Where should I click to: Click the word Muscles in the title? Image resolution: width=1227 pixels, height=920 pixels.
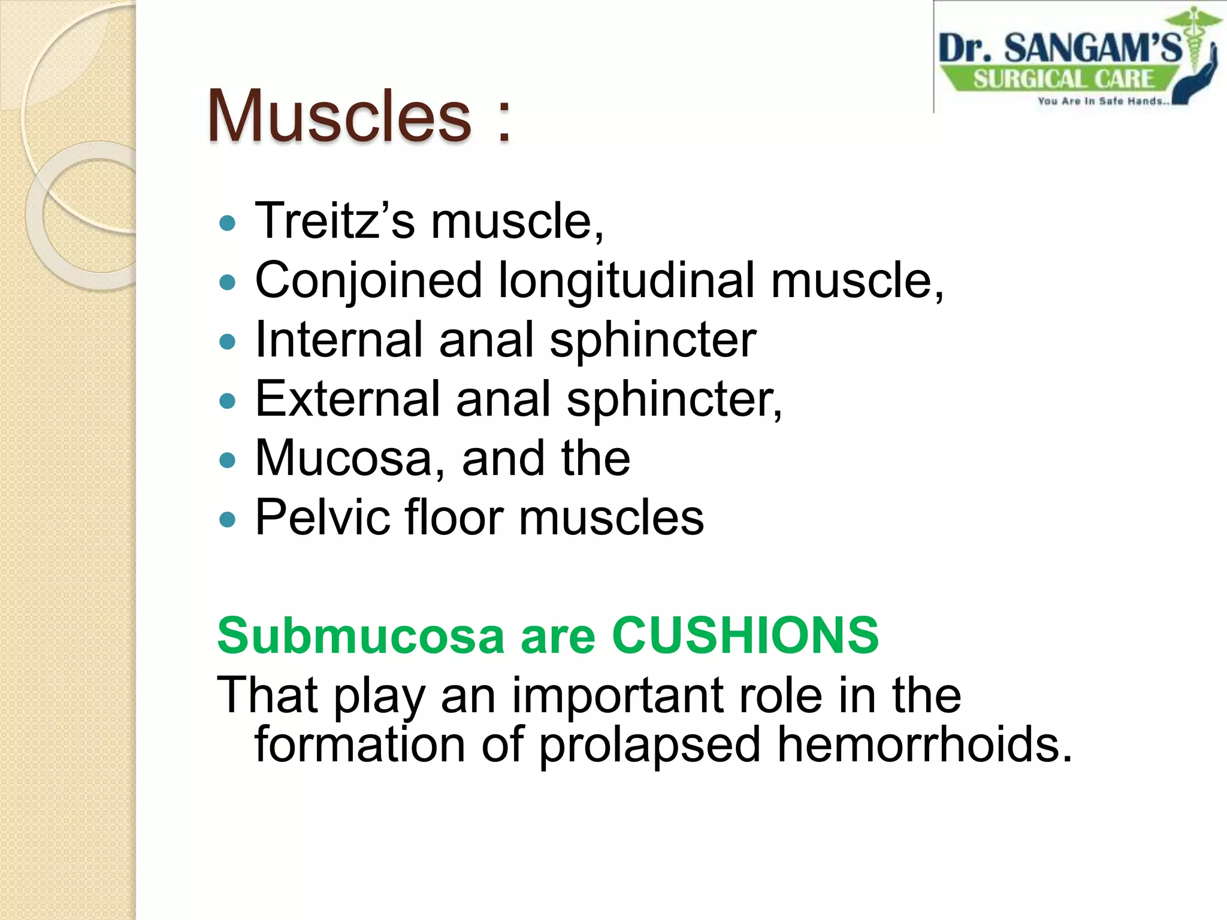pos(339,116)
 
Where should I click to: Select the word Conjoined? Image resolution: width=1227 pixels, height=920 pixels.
pos(368,280)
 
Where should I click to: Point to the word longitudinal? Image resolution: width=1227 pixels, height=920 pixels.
pos(626,280)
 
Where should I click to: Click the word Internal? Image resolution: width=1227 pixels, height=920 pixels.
pos(339,340)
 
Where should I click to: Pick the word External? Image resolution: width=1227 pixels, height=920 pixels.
pos(347,399)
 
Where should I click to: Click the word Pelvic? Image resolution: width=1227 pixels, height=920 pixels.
pos(321,517)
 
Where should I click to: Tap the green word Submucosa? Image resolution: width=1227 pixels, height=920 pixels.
pos(361,635)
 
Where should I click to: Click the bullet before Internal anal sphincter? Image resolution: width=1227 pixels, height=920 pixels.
pos(228,342)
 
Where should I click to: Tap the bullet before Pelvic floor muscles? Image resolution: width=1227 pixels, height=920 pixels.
pos(228,519)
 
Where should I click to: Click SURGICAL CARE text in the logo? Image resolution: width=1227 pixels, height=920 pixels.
pos(1063,79)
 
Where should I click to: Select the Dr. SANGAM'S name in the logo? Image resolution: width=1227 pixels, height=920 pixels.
pos(1059,48)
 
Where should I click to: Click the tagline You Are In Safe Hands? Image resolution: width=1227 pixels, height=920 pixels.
pos(1102,101)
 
